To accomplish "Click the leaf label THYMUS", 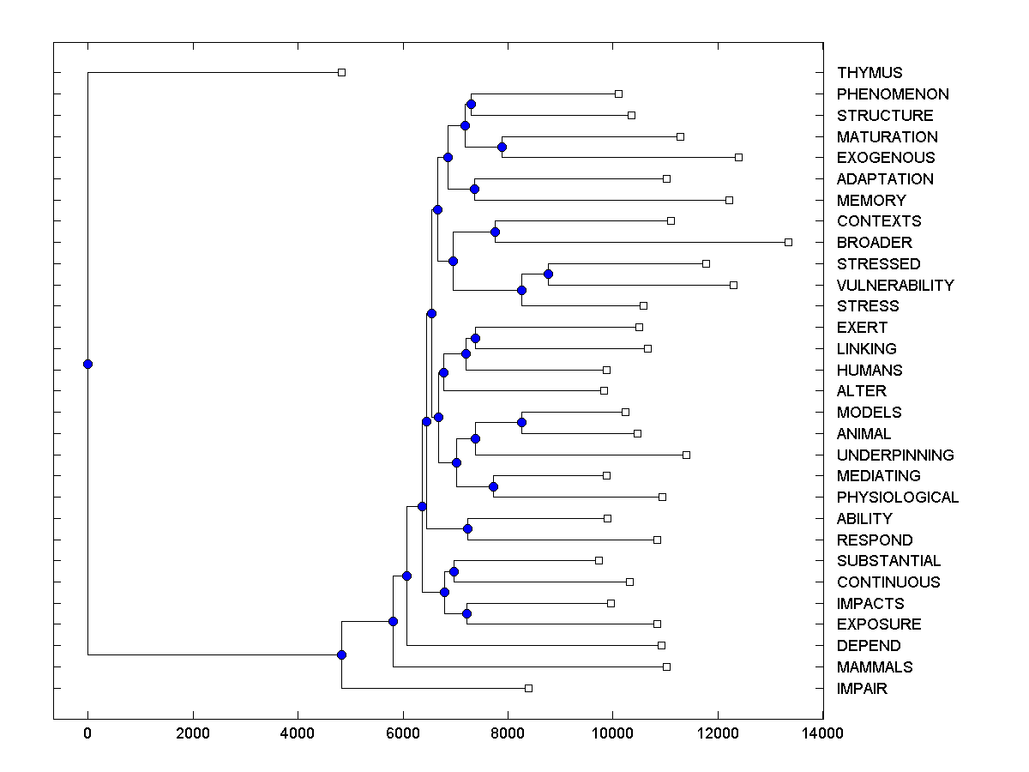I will [x=870, y=73].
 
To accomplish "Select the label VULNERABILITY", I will [x=895, y=285].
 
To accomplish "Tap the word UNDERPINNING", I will [x=895, y=455].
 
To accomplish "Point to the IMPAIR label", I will [x=862, y=688].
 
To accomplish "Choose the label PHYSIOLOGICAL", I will [x=898, y=497].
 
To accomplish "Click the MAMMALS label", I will [x=875, y=666].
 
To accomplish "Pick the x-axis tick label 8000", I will [x=508, y=733].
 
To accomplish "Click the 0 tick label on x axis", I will [x=87, y=733].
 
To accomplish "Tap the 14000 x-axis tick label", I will [x=823, y=733].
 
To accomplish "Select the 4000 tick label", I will [x=298, y=733].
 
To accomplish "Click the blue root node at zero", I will [x=87, y=364].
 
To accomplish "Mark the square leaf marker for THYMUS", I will [x=341, y=73].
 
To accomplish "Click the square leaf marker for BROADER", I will [x=788, y=242].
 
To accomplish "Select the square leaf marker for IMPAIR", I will [x=528, y=688].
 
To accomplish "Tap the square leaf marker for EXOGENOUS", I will [x=738, y=157].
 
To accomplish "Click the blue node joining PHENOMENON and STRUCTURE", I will [x=471, y=104].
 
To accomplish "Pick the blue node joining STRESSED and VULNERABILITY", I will [x=548, y=274].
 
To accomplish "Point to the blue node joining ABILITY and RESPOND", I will [x=467, y=528].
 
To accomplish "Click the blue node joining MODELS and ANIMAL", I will [x=521, y=422].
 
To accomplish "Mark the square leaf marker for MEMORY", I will [x=729, y=200].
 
